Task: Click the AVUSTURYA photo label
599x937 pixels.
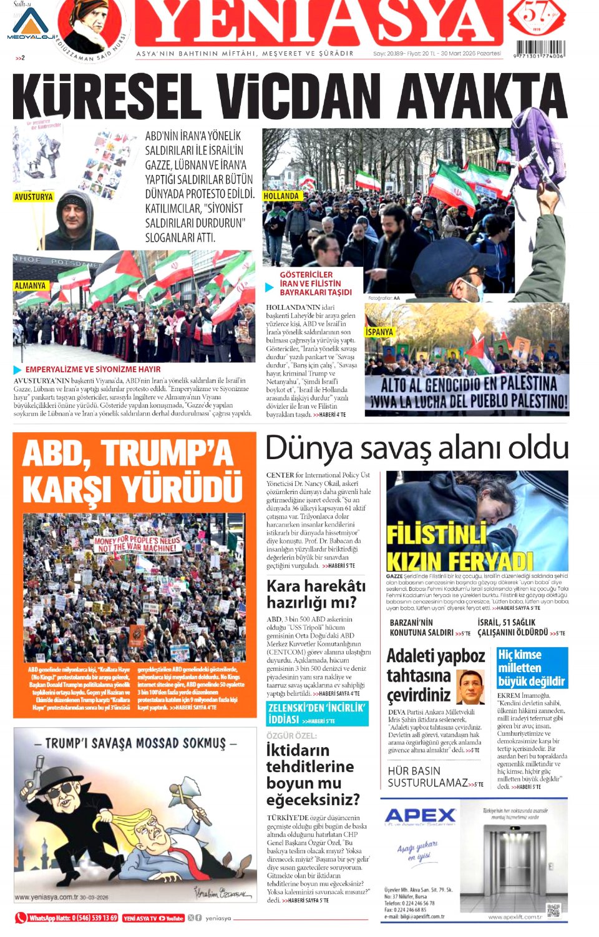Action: click(x=34, y=197)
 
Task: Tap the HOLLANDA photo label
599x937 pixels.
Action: click(x=281, y=196)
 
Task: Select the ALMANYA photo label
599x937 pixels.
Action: click(x=31, y=285)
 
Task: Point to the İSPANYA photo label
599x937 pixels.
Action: click(x=379, y=332)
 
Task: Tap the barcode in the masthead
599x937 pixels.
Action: click(x=540, y=49)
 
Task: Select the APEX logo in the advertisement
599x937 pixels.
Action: click(x=421, y=815)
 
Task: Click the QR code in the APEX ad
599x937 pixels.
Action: click(x=553, y=910)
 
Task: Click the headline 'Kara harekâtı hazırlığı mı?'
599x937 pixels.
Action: click(x=316, y=593)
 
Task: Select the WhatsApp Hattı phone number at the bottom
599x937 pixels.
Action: click(x=73, y=918)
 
